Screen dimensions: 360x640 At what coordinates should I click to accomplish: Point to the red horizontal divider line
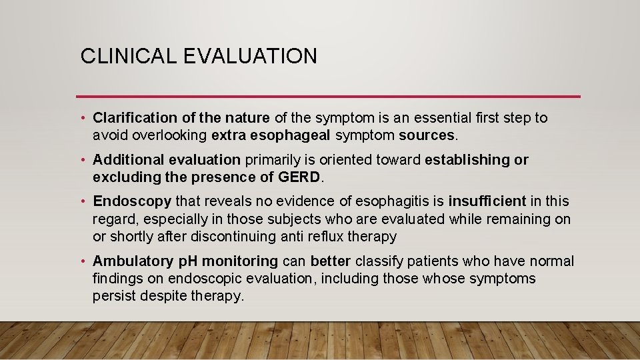[x=328, y=97]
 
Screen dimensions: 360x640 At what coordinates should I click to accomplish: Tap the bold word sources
[x=427, y=135]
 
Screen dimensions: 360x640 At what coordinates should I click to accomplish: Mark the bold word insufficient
[x=487, y=201]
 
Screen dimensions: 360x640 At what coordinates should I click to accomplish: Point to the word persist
[x=114, y=295]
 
